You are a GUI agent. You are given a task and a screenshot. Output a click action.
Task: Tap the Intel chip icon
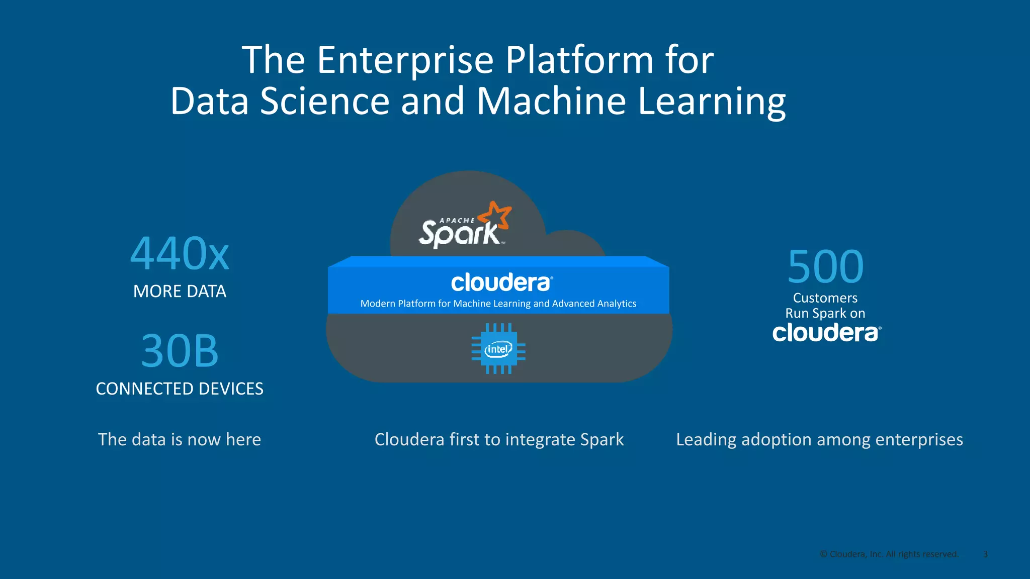click(x=498, y=349)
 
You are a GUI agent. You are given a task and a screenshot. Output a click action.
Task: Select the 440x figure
click(x=180, y=254)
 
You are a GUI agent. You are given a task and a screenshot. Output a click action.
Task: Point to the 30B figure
click(x=180, y=351)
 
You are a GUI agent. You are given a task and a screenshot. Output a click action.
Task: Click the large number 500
click(x=825, y=267)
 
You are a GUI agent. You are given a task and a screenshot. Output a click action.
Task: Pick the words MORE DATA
click(x=180, y=292)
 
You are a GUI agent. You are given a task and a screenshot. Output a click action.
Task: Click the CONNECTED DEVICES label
click(x=180, y=389)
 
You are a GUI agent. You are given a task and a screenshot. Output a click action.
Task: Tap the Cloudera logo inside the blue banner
click(x=501, y=283)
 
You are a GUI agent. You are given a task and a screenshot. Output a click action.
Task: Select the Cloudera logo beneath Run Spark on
click(x=826, y=333)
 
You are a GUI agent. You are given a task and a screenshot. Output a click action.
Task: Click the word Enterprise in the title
click(x=405, y=60)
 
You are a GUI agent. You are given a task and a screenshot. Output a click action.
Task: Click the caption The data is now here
click(x=180, y=440)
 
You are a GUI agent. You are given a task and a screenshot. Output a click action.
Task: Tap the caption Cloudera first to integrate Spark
click(x=499, y=440)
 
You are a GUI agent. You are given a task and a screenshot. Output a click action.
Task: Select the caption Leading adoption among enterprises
click(x=819, y=440)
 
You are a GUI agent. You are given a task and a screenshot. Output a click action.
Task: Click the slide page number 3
click(x=985, y=554)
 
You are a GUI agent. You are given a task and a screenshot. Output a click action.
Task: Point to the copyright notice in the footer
click(x=889, y=554)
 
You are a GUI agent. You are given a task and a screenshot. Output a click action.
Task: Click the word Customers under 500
click(x=825, y=298)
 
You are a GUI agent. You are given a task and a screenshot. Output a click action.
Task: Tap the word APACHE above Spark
click(x=457, y=221)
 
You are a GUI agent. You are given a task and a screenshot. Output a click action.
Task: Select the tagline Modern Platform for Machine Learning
click(x=498, y=304)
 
